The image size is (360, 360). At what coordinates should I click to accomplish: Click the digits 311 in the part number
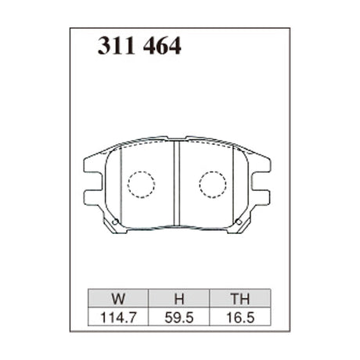[114, 47]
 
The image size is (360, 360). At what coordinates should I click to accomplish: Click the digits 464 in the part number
[161, 47]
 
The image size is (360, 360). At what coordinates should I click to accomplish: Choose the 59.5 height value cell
[177, 318]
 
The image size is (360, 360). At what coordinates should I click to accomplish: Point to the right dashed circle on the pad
[212, 185]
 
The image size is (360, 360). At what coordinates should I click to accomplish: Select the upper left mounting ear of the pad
[90, 166]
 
